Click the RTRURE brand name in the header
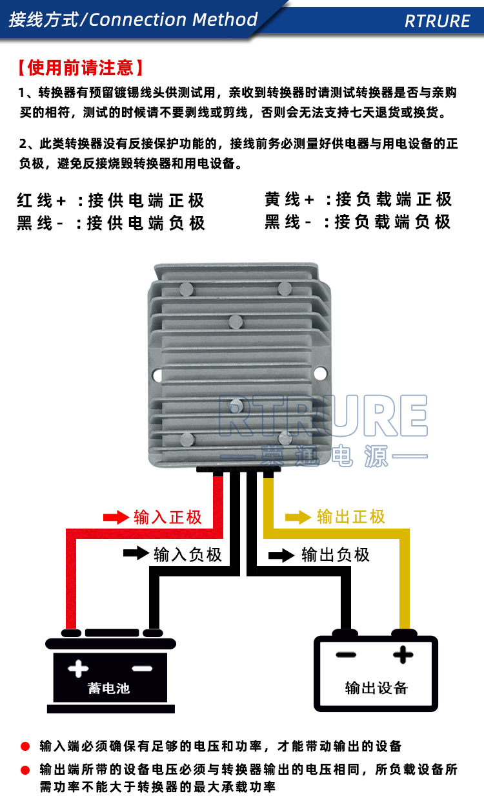click(x=437, y=21)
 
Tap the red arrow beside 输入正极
click(x=116, y=517)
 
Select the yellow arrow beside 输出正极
click(x=298, y=517)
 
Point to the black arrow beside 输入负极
click(x=136, y=554)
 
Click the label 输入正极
click(x=168, y=517)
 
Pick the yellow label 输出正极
click(x=351, y=517)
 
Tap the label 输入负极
click(x=188, y=554)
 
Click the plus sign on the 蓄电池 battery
click(x=78, y=668)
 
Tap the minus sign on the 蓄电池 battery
click(x=141, y=668)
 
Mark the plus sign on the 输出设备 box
click(x=403, y=655)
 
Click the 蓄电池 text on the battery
click(x=109, y=688)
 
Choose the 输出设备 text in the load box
click(x=377, y=688)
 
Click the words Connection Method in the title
click(x=173, y=19)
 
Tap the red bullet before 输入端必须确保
click(x=25, y=746)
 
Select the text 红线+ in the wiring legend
click(x=42, y=200)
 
